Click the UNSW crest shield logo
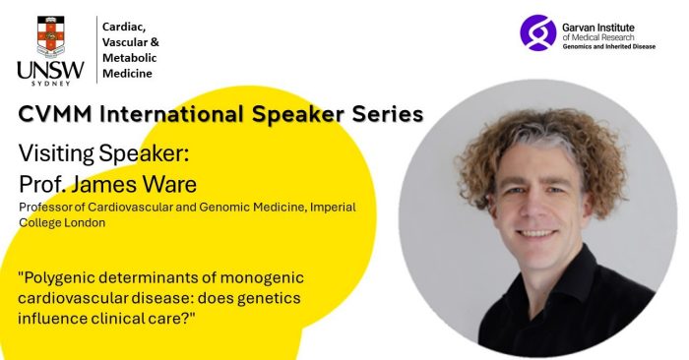click(49, 35)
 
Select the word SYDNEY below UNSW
click(49, 84)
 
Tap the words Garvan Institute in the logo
click(599, 24)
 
